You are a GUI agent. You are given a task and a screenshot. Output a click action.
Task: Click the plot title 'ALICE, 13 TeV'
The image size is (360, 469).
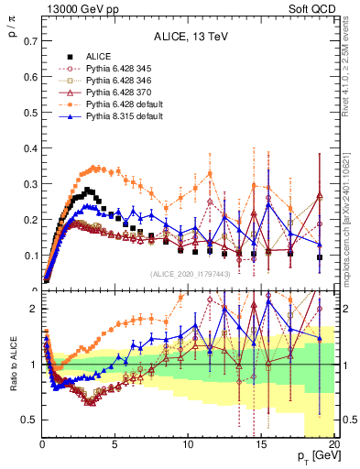tap(190, 38)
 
